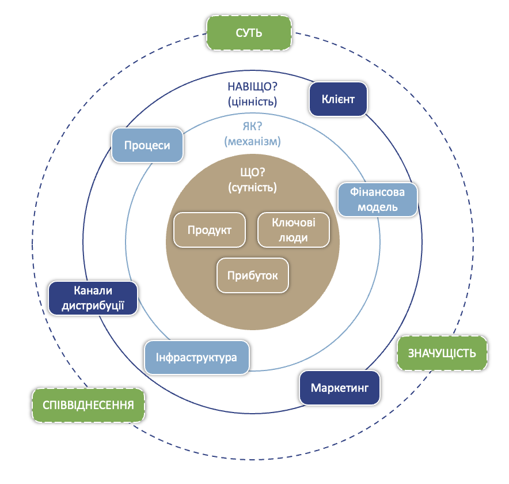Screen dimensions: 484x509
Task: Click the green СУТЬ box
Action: [249, 33]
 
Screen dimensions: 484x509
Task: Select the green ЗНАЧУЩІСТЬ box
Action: [442, 353]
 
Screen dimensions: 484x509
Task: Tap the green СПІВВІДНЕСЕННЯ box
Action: [88, 405]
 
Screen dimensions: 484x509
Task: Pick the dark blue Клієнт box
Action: [339, 99]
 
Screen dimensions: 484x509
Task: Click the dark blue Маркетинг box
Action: [340, 387]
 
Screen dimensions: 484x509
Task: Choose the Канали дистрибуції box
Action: [93, 298]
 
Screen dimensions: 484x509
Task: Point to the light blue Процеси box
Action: [147, 145]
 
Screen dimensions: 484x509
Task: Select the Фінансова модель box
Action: [377, 199]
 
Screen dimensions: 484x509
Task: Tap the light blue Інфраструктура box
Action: [196, 357]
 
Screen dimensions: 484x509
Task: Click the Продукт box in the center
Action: [210, 230]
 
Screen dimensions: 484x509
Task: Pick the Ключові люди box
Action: [293, 230]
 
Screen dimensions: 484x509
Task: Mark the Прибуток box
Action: [252, 275]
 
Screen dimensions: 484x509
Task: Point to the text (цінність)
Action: [253, 102]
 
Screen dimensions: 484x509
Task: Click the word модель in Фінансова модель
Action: [377, 207]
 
